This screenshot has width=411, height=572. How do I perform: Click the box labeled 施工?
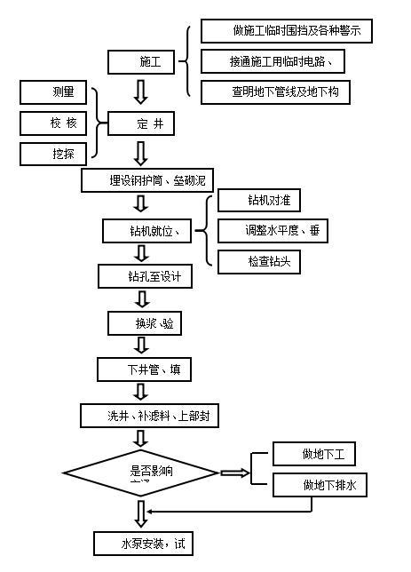click(x=142, y=62)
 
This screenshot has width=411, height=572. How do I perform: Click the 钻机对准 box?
click(x=257, y=202)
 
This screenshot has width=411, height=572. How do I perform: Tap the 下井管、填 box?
click(x=144, y=369)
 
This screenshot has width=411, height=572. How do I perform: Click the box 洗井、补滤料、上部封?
click(x=150, y=416)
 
